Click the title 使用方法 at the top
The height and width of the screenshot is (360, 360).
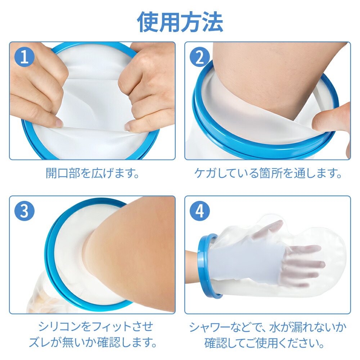180,22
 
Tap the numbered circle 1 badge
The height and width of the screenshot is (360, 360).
24,57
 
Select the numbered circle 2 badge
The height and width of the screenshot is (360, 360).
200,57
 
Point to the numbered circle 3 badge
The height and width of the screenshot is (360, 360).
24,211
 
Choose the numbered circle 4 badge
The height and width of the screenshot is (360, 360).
200,211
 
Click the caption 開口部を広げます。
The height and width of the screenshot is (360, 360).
93,173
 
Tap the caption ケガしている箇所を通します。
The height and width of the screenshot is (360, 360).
268,173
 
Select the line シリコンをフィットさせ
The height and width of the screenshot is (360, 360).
95,327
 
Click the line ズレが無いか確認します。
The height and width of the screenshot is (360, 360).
93,342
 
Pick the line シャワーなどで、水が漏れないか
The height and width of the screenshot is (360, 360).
268,327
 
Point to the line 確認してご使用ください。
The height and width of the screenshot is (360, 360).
264,343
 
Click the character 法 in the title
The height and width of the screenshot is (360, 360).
213,22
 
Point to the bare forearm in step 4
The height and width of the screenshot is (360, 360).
192,267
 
